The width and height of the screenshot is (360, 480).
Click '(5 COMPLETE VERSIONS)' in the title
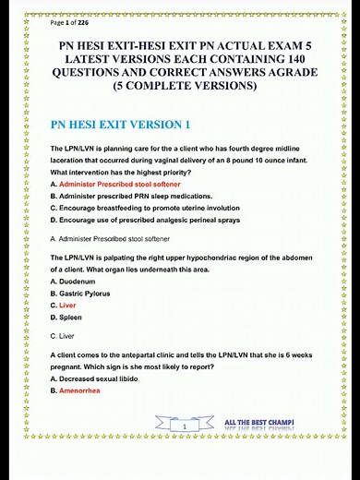point(179,87)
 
